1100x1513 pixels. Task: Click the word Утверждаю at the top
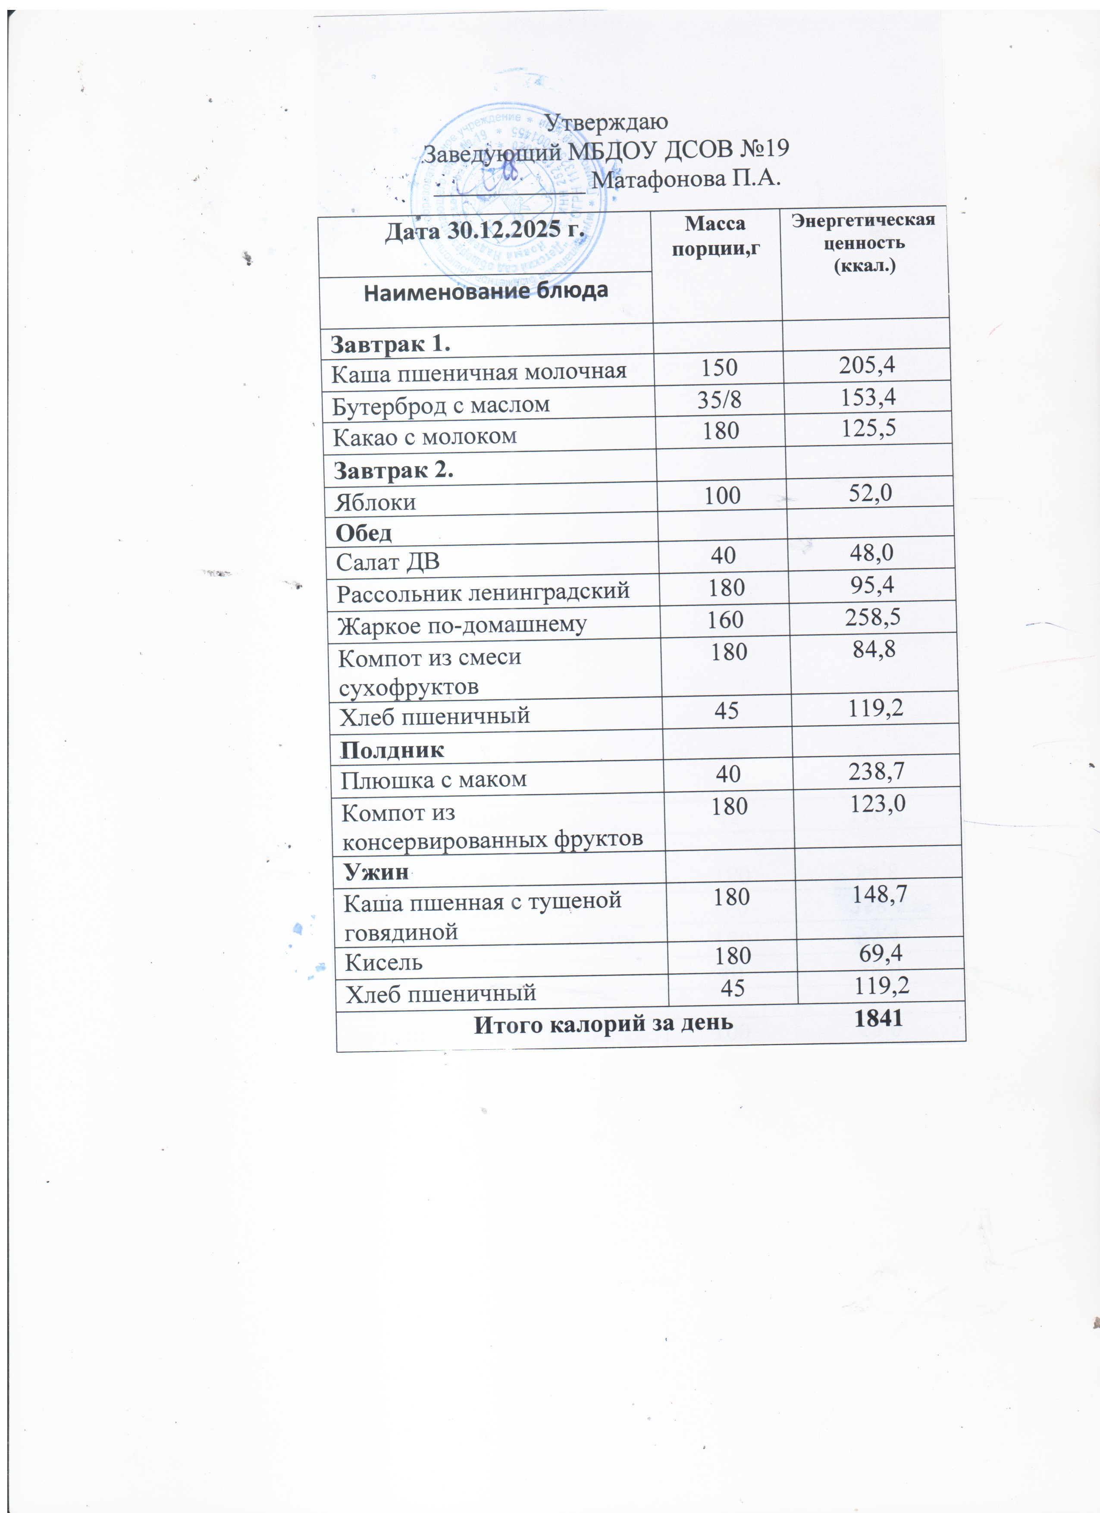[606, 122]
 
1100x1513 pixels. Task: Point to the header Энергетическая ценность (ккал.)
[864, 242]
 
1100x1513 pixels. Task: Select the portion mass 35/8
[718, 399]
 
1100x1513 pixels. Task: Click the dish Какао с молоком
[424, 436]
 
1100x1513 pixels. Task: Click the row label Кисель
[384, 962]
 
